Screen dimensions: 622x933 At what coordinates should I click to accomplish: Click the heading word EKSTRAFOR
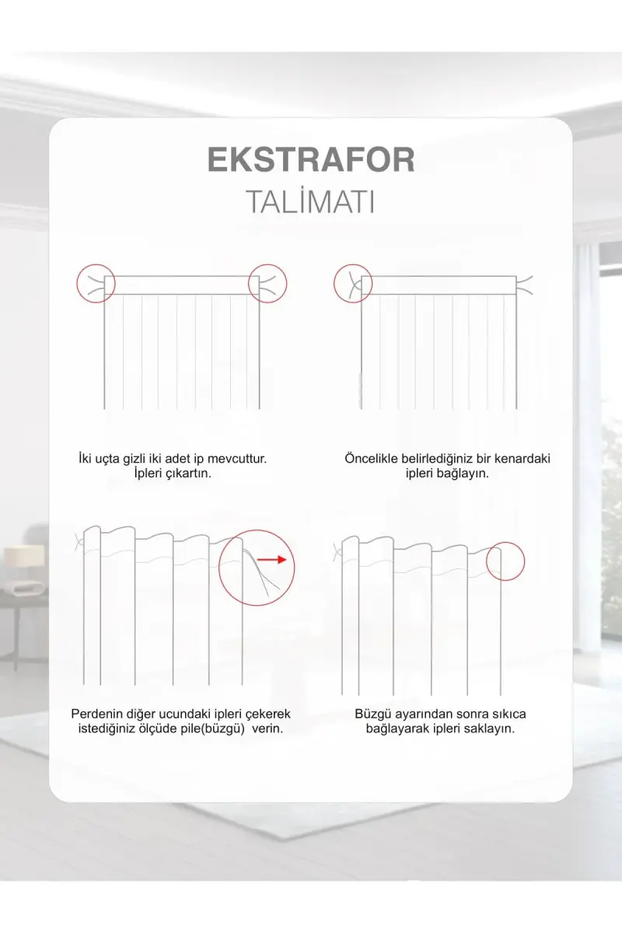pos(311,159)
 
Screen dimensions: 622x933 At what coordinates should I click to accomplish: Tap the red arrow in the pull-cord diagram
pos(271,559)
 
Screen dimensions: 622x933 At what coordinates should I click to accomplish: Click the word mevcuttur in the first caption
pos(237,459)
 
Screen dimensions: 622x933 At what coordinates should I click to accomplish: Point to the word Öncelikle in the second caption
pos(371,459)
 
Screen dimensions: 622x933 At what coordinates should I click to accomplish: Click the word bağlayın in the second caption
pos(464,473)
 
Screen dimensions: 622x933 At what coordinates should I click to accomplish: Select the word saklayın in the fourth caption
pos(489,729)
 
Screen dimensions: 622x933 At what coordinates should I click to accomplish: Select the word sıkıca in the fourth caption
pos(508,714)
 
